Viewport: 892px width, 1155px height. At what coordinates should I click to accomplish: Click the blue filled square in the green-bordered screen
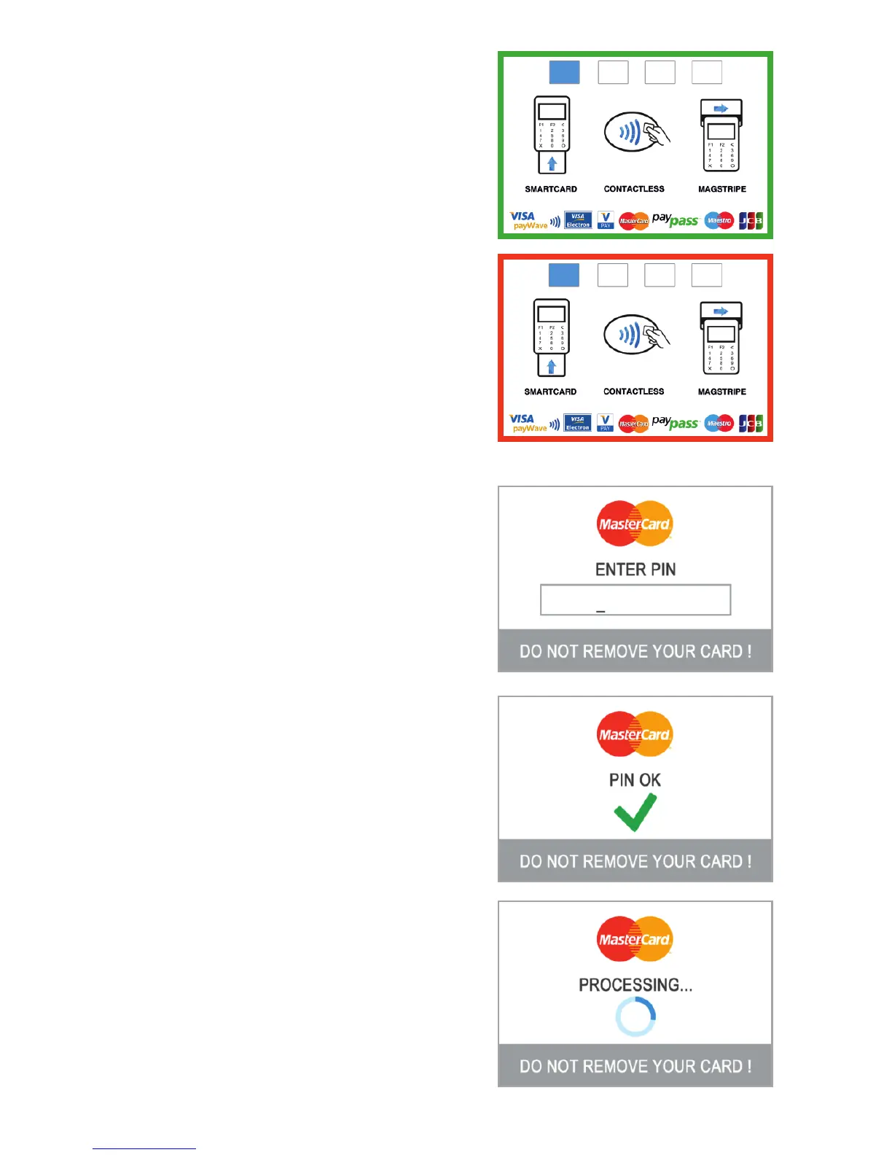(x=564, y=72)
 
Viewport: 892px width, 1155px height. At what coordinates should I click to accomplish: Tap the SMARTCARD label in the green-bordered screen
(x=551, y=189)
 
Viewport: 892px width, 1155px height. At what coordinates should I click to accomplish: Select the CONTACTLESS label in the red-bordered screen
(x=634, y=392)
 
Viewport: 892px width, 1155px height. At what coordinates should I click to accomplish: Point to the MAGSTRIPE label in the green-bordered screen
(x=722, y=189)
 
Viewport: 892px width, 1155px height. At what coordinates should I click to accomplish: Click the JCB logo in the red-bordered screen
(x=751, y=424)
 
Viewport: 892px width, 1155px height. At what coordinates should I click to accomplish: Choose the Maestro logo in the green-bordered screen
(x=719, y=220)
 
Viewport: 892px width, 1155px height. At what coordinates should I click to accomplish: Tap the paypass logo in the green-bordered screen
(x=675, y=219)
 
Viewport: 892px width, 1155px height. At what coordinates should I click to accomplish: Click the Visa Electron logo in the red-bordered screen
(x=578, y=423)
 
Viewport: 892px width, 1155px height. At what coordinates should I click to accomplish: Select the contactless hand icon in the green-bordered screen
(x=635, y=133)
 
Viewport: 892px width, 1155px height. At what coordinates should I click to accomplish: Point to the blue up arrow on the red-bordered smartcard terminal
(x=552, y=366)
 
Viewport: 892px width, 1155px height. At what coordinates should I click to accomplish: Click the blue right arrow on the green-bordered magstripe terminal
(x=721, y=109)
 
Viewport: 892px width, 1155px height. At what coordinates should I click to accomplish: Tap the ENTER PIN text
(x=635, y=569)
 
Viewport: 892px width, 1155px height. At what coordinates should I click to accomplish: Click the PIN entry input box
(x=635, y=599)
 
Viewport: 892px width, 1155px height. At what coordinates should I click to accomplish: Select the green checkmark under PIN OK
(x=635, y=812)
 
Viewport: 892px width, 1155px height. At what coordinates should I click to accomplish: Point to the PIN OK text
(x=635, y=780)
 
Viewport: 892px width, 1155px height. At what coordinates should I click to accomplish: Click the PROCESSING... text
(x=635, y=985)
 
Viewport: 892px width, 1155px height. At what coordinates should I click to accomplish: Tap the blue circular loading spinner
(x=635, y=1016)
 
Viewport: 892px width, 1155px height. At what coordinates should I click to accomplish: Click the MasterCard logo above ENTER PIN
(x=634, y=524)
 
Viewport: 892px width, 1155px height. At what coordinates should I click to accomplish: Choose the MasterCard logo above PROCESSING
(x=634, y=939)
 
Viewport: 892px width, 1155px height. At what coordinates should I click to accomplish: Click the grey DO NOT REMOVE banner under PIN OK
(x=635, y=861)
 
